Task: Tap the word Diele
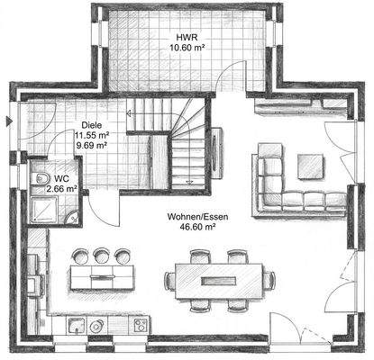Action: click(x=91, y=125)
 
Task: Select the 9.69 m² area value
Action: click(x=91, y=144)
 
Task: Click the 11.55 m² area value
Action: click(x=91, y=135)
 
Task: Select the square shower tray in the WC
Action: click(x=41, y=209)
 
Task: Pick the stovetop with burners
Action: click(x=141, y=322)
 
